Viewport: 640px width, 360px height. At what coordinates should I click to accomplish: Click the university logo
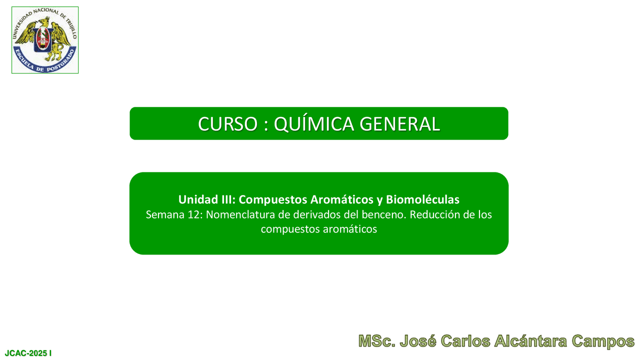45,40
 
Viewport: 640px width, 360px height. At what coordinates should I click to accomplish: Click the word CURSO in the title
227,124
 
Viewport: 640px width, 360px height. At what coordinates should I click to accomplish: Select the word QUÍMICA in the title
313,123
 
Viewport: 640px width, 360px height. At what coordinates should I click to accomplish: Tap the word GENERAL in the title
399,124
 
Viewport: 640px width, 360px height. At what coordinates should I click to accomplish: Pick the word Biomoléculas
422,199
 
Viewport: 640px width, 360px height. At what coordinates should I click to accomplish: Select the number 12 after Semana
195,214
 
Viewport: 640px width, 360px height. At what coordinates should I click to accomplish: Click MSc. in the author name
377,341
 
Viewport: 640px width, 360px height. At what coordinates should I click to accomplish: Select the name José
417,341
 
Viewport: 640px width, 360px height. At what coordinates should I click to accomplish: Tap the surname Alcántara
530,341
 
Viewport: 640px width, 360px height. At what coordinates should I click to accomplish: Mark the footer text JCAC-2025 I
28,353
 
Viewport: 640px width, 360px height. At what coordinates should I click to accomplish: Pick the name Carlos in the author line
465,341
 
